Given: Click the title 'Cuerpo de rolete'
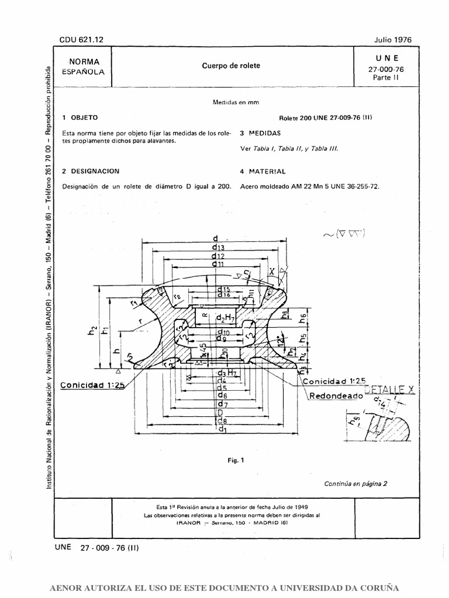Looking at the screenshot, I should (x=231, y=66).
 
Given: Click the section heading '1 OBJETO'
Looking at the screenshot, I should (x=80, y=117).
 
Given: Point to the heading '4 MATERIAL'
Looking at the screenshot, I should (x=263, y=172).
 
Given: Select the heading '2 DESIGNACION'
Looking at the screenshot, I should (x=91, y=172).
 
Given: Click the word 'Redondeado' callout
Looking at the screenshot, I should (x=333, y=412).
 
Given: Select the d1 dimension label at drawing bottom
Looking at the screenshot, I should (x=222, y=429).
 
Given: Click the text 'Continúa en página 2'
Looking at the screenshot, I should (x=355, y=484).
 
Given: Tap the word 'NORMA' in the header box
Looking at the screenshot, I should (x=84, y=61).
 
